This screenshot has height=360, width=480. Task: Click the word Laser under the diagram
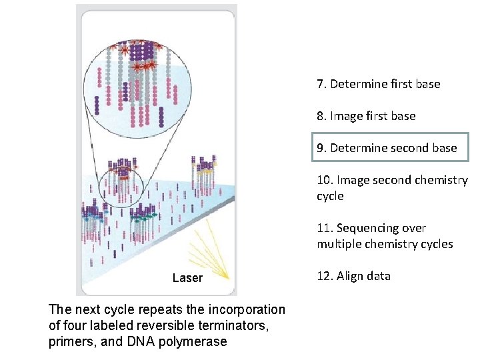pyautogui.click(x=187, y=278)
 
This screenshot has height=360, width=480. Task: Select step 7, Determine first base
pyautogui.click(x=379, y=84)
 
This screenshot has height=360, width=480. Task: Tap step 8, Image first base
pyautogui.click(x=366, y=116)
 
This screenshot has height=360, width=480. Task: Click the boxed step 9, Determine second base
pyautogui.click(x=391, y=148)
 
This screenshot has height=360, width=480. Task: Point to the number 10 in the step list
pyautogui.click(x=325, y=180)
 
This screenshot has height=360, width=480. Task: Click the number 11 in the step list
pyautogui.click(x=325, y=228)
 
